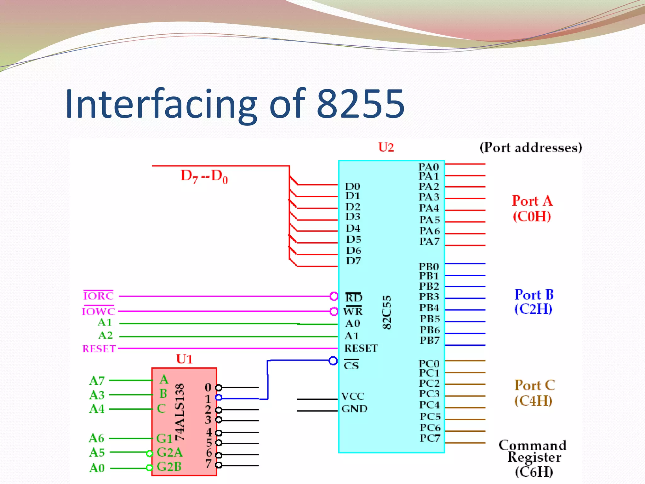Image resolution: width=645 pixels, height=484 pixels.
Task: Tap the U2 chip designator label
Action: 386,147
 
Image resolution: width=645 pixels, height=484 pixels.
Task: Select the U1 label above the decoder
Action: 184,359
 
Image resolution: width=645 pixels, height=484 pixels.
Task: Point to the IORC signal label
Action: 98,296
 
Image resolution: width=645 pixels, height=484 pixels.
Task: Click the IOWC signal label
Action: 99,311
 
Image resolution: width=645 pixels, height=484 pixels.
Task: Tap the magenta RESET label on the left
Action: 99,349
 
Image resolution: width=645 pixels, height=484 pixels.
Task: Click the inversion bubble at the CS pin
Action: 333,361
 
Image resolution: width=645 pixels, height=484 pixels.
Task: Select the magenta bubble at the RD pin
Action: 334,296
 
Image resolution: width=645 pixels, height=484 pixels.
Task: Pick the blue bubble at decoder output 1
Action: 219,398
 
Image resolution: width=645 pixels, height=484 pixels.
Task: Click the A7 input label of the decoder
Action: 97,381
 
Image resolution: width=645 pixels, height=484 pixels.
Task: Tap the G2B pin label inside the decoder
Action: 169,467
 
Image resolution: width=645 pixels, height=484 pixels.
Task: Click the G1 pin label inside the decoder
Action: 164,439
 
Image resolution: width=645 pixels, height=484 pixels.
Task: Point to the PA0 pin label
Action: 428,167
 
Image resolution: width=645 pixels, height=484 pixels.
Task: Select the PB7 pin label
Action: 429,341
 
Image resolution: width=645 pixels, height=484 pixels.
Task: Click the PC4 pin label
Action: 429,405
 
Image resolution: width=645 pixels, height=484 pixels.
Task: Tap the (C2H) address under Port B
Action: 533,309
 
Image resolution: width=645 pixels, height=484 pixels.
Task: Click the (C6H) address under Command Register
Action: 534,472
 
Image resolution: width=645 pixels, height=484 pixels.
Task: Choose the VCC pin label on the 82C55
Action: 352,396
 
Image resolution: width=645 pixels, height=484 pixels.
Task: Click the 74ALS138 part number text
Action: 180,412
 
